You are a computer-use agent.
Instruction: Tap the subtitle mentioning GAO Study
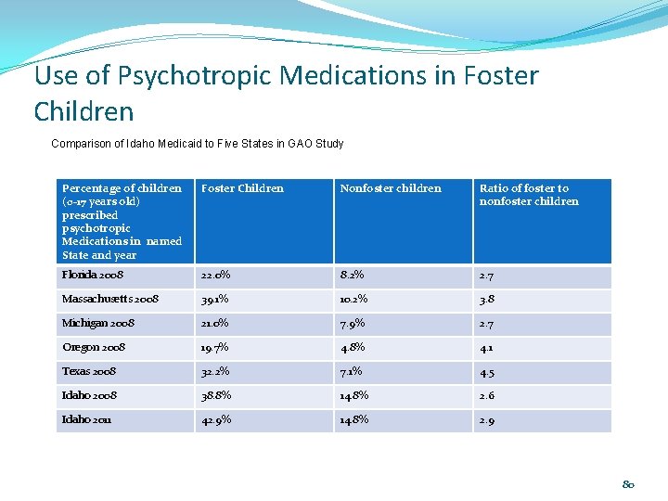197,144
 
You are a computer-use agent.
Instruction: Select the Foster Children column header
242,188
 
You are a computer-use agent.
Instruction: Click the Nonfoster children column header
391,188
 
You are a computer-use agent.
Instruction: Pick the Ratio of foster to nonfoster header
528,195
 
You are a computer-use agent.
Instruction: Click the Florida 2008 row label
93,276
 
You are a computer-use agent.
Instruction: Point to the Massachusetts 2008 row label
110,300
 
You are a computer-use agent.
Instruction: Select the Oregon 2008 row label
94,347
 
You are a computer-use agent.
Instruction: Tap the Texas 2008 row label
89,371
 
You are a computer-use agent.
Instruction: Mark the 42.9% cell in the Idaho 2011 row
216,419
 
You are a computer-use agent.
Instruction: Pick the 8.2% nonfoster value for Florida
353,276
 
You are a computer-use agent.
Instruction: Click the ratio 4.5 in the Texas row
487,372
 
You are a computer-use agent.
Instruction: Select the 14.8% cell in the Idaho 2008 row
354,395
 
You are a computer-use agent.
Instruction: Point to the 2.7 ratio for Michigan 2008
487,324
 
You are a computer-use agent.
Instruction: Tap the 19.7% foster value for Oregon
215,347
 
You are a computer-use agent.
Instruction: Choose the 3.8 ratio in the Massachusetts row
487,300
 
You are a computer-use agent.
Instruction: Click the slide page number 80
628,483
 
